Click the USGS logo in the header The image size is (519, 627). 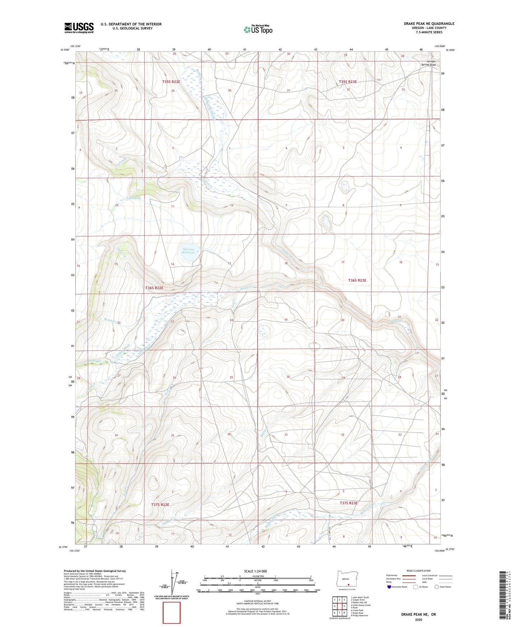[x=79, y=28]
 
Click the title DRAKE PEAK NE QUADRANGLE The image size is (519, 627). [x=429, y=24]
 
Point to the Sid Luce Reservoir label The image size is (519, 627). [x=189, y=251]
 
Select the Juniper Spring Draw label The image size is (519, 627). [x=428, y=63]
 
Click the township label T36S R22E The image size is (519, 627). [x=154, y=288]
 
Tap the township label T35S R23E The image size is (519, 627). [x=348, y=82]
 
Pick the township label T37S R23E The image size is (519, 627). [x=348, y=503]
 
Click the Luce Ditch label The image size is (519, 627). [x=134, y=198]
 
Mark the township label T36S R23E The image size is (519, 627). [x=357, y=280]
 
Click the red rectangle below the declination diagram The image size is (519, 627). [x=172, y=613]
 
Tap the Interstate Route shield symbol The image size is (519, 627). [x=390, y=587]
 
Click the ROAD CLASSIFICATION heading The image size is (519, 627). [x=418, y=571]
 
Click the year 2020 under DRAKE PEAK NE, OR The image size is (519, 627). [x=418, y=619]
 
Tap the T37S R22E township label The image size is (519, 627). [x=160, y=505]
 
